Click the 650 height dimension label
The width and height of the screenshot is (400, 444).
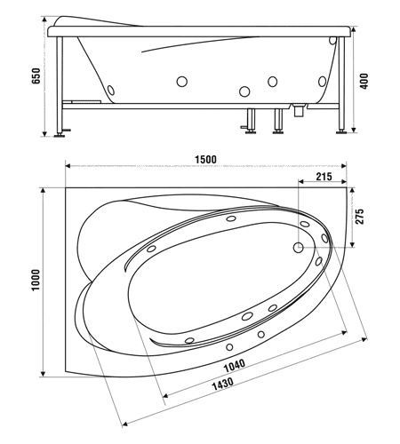pyautogui.click(x=36, y=76)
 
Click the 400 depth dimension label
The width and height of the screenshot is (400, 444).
pyautogui.click(x=364, y=82)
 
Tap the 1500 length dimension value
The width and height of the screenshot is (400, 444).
pyautogui.click(x=206, y=160)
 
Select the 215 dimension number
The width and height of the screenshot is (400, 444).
pyautogui.click(x=324, y=177)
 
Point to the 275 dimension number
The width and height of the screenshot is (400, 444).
pyautogui.click(x=359, y=217)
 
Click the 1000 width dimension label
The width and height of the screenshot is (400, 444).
pyautogui.click(x=36, y=280)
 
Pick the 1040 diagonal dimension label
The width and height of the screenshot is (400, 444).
pyautogui.click(x=234, y=366)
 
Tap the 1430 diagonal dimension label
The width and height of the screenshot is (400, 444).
pyautogui.click(x=223, y=384)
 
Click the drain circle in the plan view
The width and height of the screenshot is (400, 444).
pyautogui.click(x=298, y=247)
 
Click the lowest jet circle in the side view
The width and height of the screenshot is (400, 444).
pyautogui.click(x=244, y=91)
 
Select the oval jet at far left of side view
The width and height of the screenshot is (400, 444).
pyautogui.click(x=111, y=90)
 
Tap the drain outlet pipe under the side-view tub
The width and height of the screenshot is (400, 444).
pyautogui.click(x=298, y=110)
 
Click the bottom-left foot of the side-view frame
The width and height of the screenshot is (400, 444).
pyautogui.click(x=60, y=135)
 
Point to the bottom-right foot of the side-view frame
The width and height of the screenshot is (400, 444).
pyautogui.click(x=341, y=131)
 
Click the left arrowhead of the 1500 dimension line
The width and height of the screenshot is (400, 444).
pyautogui.click(x=68, y=166)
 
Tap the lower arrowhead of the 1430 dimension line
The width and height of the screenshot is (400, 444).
pyautogui.click(x=124, y=424)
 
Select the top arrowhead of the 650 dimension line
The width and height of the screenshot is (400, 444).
pyautogui.click(x=44, y=20)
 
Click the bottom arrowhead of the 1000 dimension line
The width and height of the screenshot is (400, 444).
pyautogui.click(x=44, y=374)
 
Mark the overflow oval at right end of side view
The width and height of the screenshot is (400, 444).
pyautogui.click(x=332, y=41)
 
